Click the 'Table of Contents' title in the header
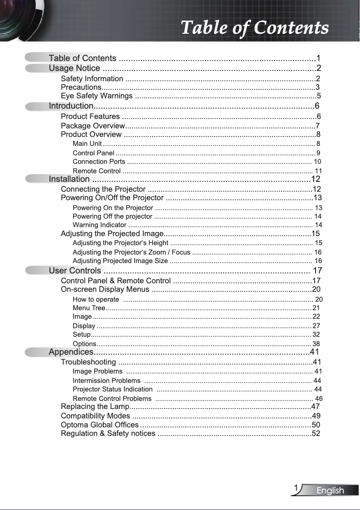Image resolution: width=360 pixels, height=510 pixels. (x=255, y=28)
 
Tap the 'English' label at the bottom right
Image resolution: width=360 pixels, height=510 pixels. (x=330, y=490)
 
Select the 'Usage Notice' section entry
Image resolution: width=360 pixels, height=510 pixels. (x=75, y=68)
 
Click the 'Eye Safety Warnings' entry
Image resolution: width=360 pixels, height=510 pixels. (x=97, y=96)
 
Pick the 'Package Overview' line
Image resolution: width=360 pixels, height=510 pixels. (x=92, y=126)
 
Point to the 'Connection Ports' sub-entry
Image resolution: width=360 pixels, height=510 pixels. (x=99, y=162)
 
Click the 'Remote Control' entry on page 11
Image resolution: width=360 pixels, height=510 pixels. (x=97, y=171)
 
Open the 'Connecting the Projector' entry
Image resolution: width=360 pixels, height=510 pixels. (x=103, y=189)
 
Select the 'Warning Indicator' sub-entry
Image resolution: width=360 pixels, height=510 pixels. (x=99, y=225)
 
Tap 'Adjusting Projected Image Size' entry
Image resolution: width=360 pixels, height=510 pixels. (x=120, y=261)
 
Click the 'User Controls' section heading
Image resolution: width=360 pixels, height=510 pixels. (x=75, y=271)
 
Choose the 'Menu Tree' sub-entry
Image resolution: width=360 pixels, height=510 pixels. (x=89, y=308)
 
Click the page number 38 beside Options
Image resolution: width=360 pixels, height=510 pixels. (x=316, y=344)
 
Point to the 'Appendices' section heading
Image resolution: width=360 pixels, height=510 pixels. (x=71, y=352)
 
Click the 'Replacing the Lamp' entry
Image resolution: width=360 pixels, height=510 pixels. (x=95, y=407)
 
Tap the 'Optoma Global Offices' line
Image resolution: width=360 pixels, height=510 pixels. (x=100, y=425)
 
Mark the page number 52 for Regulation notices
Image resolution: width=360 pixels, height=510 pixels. (x=316, y=434)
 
